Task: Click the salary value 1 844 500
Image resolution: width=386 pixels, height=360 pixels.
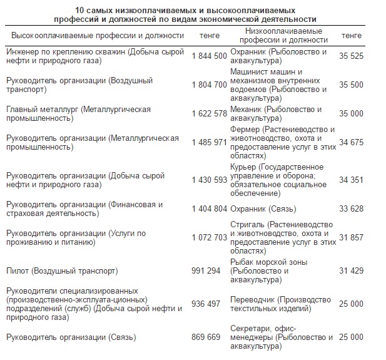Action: tap(209, 56)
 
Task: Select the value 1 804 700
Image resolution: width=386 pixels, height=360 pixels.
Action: tap(209, 85)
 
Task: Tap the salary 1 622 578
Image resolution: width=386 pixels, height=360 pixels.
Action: tap(209, 114)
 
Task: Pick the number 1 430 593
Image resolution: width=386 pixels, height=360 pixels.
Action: tap(209, 180)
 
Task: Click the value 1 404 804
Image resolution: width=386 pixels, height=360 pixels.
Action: tap(209, 209)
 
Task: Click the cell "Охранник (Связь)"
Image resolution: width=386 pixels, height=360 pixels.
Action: tap(263, 209)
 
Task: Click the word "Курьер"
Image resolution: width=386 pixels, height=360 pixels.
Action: tap(244, 167)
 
